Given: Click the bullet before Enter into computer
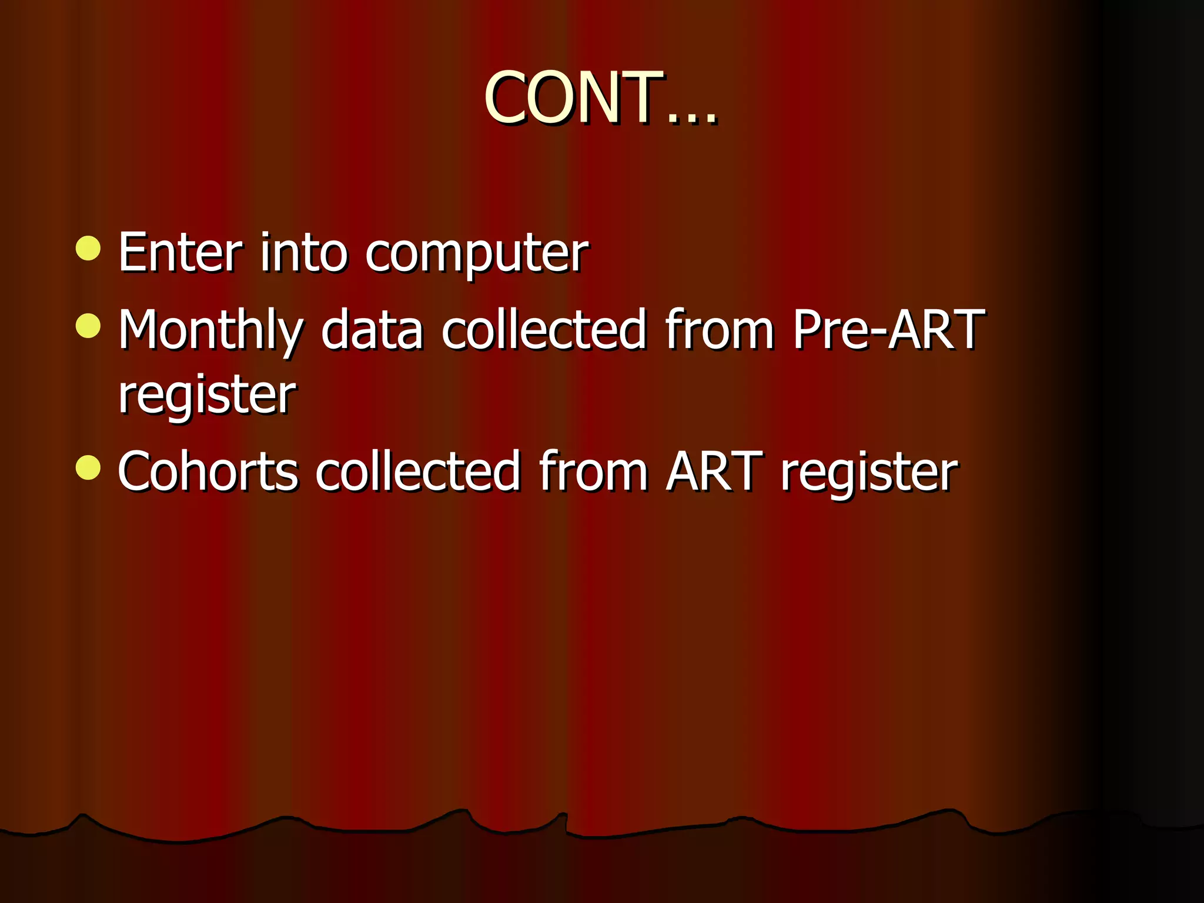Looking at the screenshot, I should pyautogui.click(x=88, y=248).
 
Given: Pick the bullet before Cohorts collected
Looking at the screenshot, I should pyautogui.click(x=88, y=468).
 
